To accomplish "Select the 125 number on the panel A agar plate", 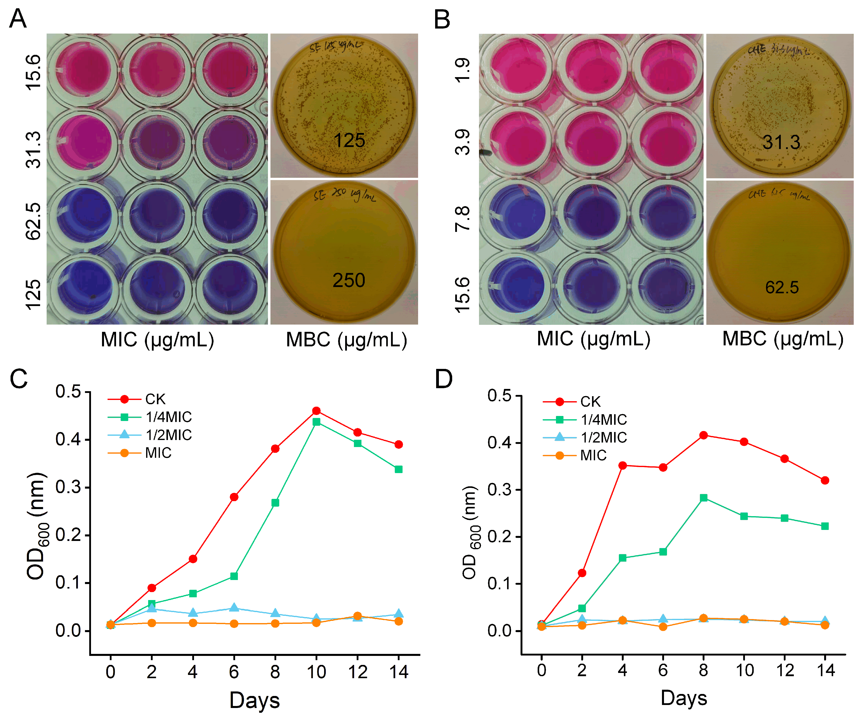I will [x=349, y=140].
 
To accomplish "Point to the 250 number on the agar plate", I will [x=348, y=280].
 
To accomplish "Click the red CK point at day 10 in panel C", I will [x=316, y=410].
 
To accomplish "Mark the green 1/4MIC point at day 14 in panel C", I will [x=398, y=469].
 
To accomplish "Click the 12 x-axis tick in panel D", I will [x=785, y=670].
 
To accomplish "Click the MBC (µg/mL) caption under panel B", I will [x=783, y=339].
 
